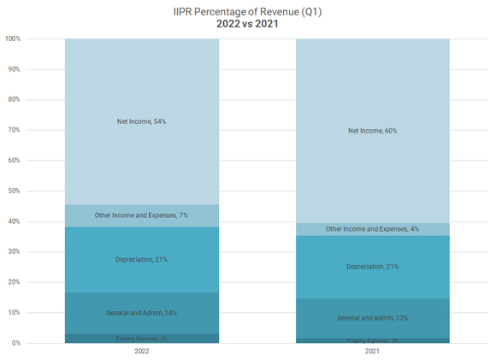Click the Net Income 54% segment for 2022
point(142,121)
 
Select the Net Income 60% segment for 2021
point(373,131)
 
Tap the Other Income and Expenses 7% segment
point(142,215)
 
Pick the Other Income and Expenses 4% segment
point(373,229)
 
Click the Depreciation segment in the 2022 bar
point(142,259)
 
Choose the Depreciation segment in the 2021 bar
point(373,267)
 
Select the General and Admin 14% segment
point(142,313)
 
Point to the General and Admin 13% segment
point(373,318)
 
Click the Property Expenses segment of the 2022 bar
point(142,339)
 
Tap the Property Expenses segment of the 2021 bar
point(373,340)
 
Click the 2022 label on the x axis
point(142,351)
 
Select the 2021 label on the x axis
point(373,351)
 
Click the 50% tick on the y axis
point(15,191)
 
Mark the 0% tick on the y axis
point(16,343)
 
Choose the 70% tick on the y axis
point(15,130)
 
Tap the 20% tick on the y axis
point(15,282)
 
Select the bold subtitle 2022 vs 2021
point(247,24)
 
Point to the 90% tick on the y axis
point(15,69)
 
